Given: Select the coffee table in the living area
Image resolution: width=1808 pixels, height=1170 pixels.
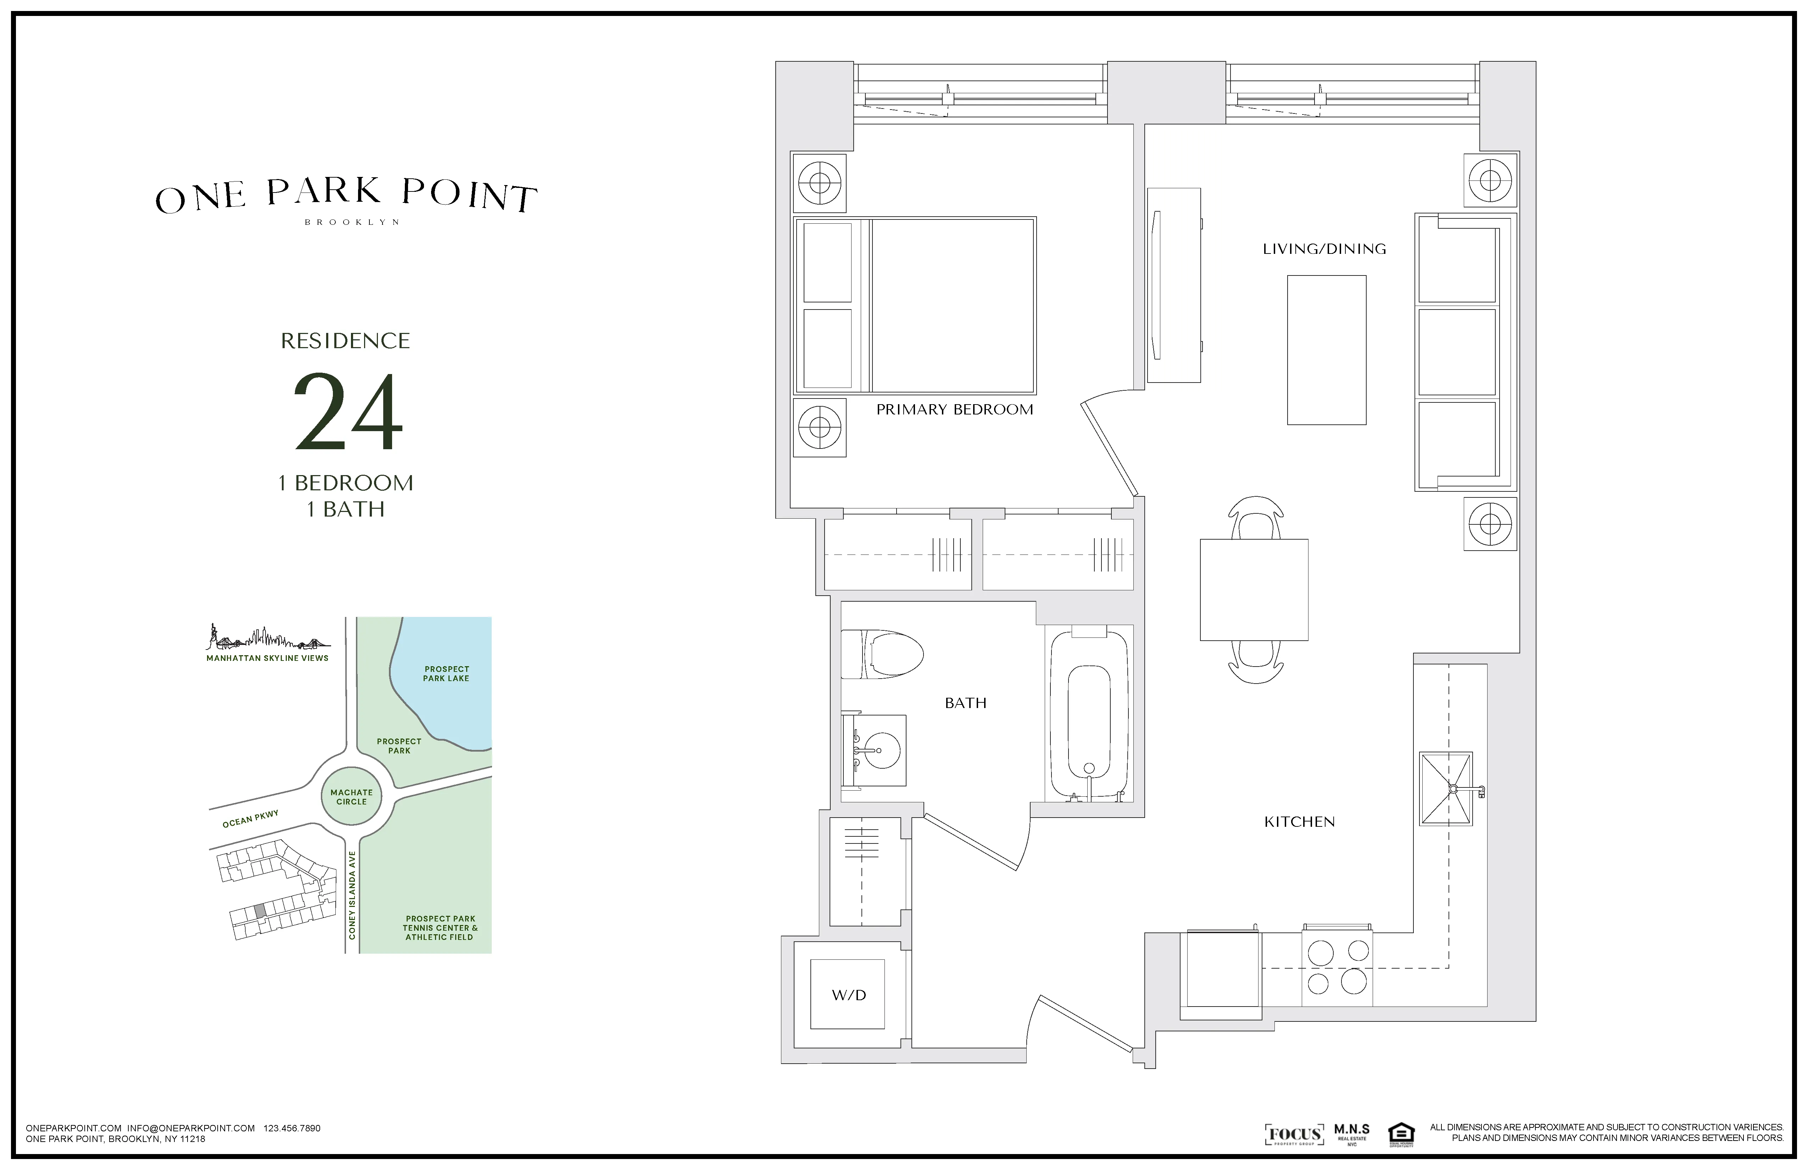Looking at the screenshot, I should tap(1326, 350).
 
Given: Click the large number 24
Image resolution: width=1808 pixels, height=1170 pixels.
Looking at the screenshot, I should tap(348, 413).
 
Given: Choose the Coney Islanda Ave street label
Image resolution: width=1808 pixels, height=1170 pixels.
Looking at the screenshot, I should tap(352, 895).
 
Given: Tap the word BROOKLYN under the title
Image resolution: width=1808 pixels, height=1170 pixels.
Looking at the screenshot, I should tap(352, 223).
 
